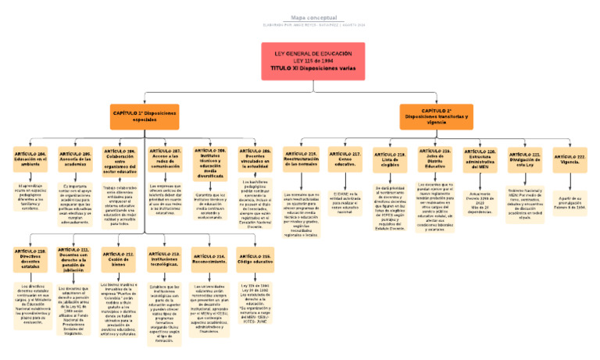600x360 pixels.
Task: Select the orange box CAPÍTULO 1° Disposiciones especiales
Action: click(145, 117)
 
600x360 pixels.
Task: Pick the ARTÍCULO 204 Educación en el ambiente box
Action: click(30, 161)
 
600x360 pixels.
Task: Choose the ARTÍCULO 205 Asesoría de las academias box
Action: click(76, 161)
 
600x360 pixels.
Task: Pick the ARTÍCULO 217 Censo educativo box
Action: click(345, 161)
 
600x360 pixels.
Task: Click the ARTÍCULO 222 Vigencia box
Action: click(570, 159)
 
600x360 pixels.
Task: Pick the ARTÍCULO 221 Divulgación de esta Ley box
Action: click(526, 161)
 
